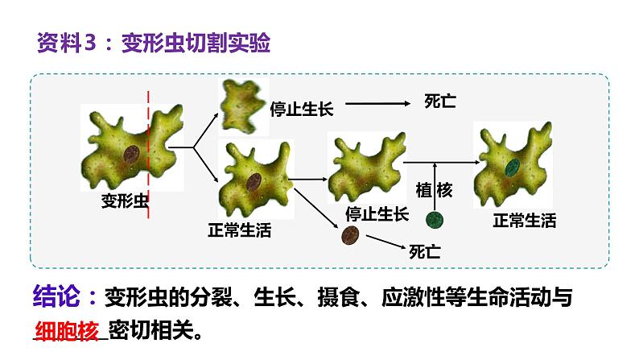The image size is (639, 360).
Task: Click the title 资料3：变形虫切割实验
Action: pyautogui.click(x=154, y=43)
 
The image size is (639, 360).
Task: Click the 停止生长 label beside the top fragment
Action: pyautogui.click(x=302, y=109)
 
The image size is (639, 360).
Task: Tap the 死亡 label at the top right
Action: pyautogui.click(x=440, y=102)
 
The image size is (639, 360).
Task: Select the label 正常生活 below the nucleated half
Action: pyautogui.click(x=240, y=231)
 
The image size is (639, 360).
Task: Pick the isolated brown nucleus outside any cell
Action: pyautogui.click(x=349, y=235)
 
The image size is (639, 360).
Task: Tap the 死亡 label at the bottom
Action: pyautogui.click(x=425, y=251)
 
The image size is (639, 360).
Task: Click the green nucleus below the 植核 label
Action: pyautogui.click(x=435, y=220)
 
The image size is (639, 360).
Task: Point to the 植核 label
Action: pyautogui.click(x=435, y=190)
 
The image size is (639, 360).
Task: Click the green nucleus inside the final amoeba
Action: pyautogui.click(x=513, y=167)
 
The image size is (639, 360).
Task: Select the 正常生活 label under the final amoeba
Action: pyautogui.click(x=524, y=221)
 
